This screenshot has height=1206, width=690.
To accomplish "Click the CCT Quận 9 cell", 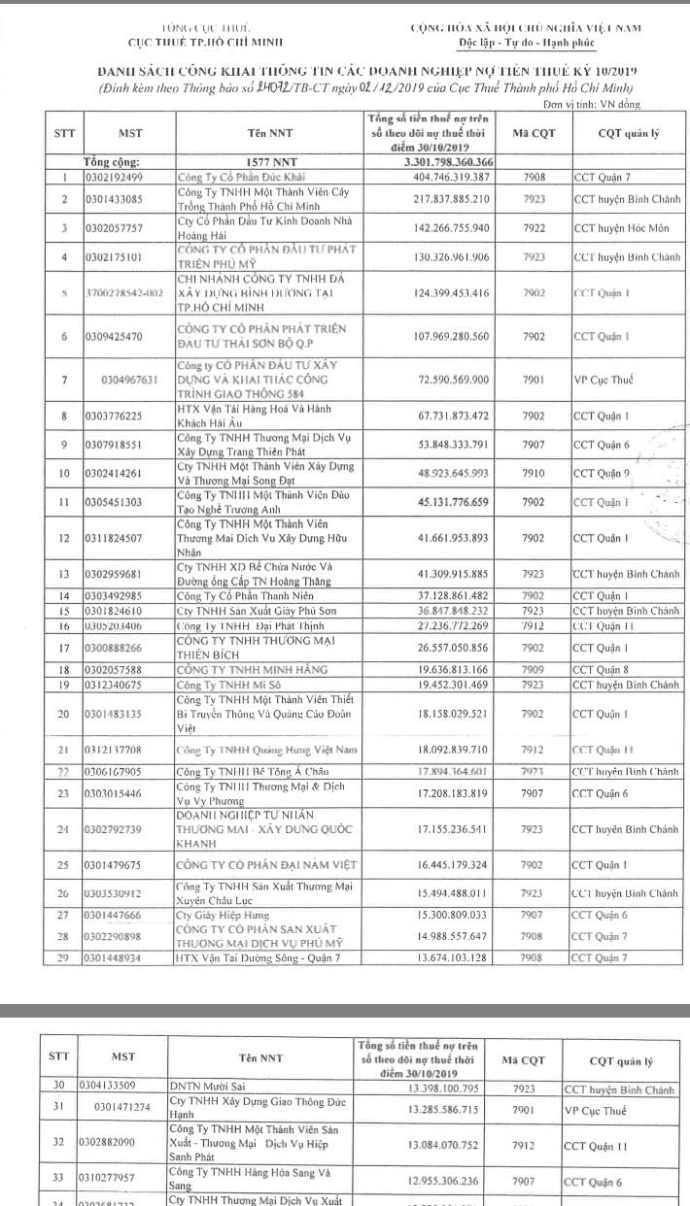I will [x=603, y=474].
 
